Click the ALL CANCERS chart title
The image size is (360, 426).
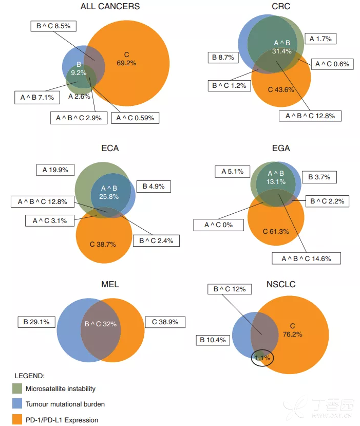pos(110,7)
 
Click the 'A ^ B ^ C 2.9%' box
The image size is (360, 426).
pos(79,118)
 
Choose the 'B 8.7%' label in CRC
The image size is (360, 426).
pos(223,58)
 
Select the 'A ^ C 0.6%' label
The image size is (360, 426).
pos(332,64)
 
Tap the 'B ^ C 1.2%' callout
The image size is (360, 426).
pos(230,85)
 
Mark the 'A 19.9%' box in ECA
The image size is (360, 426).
pos(56,170)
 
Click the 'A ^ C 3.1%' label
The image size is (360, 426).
pos(49,221)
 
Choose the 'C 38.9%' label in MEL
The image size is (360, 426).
pos(165,322)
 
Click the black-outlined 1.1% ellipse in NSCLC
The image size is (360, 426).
pos(262,357)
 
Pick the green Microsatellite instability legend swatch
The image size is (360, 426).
pos(17,388)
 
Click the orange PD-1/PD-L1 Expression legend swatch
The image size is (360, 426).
pos(17,419)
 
